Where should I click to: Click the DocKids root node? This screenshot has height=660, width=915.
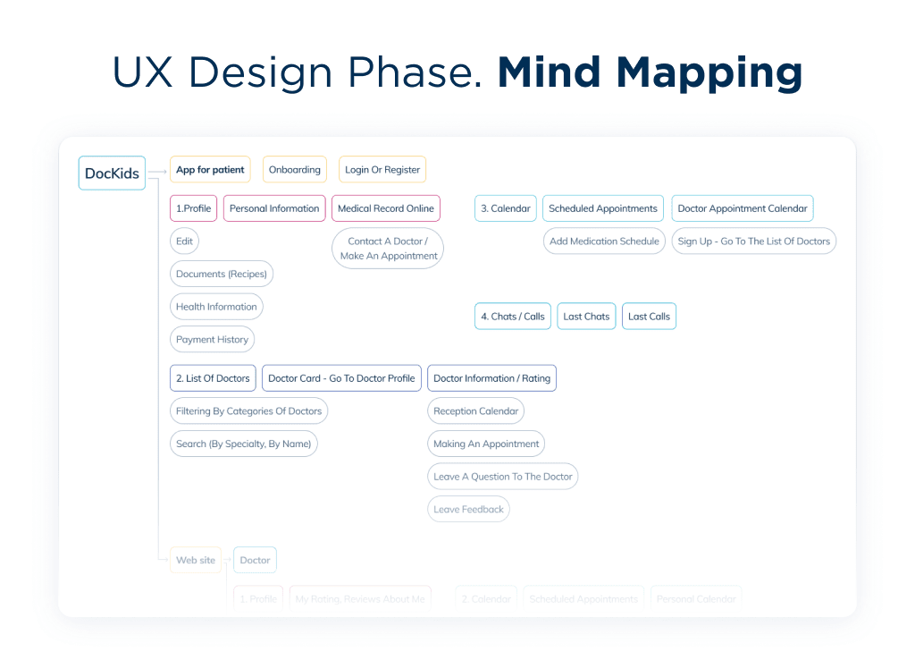(x=112, y=173)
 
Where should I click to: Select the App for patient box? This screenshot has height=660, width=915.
(x=210, y=170)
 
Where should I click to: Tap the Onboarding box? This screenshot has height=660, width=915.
(x=294, y=170)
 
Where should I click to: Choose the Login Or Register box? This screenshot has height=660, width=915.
(x=382, y=170)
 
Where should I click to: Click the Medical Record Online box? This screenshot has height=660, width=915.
(x=385, y=208)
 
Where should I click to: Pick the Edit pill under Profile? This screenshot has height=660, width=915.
(x=184, y=241)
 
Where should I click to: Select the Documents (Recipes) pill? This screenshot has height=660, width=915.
(x=221, y=274)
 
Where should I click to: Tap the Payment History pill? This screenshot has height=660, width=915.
(x=212, y=340)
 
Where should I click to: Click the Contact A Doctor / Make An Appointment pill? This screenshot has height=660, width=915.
(x=388, y=249)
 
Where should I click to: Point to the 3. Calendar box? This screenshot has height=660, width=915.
(x=505, y=208)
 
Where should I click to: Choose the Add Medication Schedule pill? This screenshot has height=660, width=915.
(x=604, y=241)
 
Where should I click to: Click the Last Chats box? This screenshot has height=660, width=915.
(x=586, y=317)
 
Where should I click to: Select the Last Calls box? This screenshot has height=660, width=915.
(x=649, y=317)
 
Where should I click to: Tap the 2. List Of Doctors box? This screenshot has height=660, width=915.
(x=213, y=378)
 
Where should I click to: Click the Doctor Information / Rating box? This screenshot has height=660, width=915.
(x=491, y=378)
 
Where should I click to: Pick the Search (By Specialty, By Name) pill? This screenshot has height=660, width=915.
(x=243, y=444)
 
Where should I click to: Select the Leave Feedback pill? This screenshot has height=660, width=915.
(x=468, y=510)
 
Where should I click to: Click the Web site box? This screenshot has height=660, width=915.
(x=196, y=561)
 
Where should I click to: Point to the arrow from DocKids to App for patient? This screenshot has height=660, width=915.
(x=157, y=171)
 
